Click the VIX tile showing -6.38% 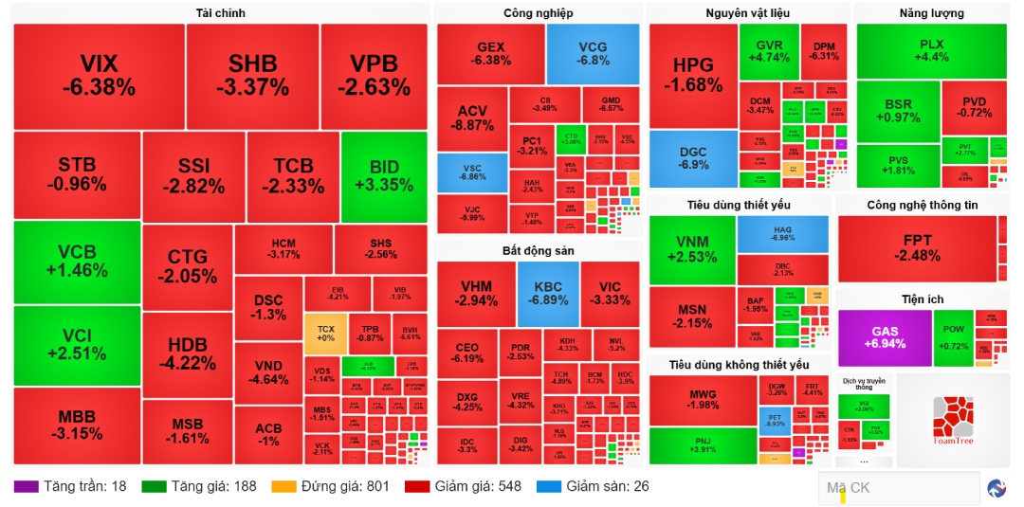[99, 76]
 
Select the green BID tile [384, 176]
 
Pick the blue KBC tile [547, 294]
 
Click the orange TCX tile [325, 333]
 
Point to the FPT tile [917, 248]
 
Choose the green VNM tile [692, 249]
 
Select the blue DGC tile [693, 158]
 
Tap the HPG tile [692, 76]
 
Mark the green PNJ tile [702, 445]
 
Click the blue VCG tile [593, 53]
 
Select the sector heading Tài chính [220, 13]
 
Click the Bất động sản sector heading [538, 250]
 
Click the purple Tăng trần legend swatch [26, 487]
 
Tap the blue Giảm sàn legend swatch [549, 487]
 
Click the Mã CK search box [896, 488]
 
